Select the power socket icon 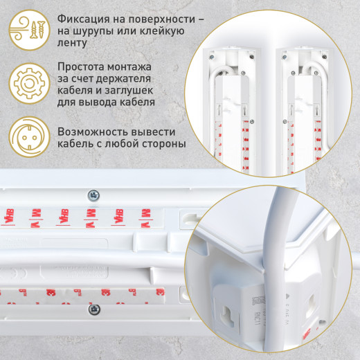coord(27,136)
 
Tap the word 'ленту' coord(73,44)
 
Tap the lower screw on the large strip coord(95,308)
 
